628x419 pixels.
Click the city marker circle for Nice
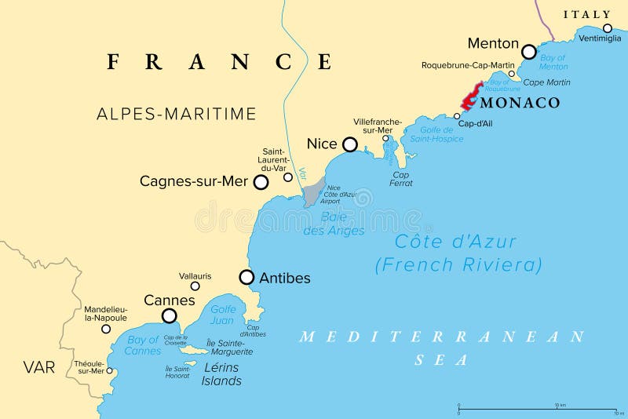tap(350, 144)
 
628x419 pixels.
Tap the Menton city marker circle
tap(529, 52)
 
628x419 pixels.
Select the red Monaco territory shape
tap(471, 97)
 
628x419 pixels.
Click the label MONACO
tap(520, 103)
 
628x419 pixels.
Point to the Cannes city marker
tap(169, 315)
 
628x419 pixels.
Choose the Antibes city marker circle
tap(246, 277)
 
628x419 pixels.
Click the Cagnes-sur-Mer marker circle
tap(261, 182)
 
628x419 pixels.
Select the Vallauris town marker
tap(195, 286)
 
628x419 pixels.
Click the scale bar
tap(536, 410)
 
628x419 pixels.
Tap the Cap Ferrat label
tap(401, 179)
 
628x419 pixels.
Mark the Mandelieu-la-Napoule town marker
tap(106, 329)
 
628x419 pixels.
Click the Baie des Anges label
tap(334, 224)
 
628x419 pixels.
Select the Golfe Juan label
tap(223, 315)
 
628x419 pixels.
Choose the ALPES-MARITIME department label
tap(177, 114)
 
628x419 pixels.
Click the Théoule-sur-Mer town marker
tap(110, 370)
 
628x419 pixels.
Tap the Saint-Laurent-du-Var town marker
tap(288, 177)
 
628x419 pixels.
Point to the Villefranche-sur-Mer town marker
tap(385, 139)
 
